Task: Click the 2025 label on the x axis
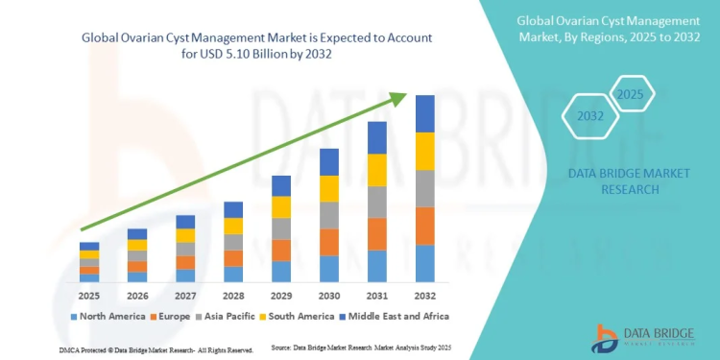(x=89, y=295)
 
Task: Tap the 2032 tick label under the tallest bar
(x=424, y=295)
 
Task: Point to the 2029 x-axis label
(x=280, y=295)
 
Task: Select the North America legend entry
(x=108, y=316)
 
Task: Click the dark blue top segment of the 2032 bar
(x=424, y=114)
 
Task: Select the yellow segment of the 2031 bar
(x=376, y=170)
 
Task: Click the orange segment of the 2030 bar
(x=328, y=242)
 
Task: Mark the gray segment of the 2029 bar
(x=280, y=228)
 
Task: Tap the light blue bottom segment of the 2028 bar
(x=232, y=274)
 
